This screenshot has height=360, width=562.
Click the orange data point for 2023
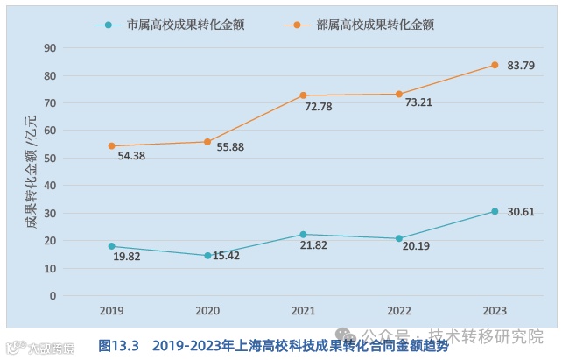click(x=495, y=65)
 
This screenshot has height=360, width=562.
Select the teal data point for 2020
click(x=207, y=256)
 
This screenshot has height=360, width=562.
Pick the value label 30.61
click(x=522, y=212)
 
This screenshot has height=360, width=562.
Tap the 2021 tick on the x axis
click(x=303, y=311)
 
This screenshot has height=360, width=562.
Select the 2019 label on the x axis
click(x=111, y=311)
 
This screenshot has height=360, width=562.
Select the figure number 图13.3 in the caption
click(x=120, y=345)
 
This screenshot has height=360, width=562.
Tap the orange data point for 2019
click(x=112, y=146)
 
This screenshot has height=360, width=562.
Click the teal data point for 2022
click(x=399, y=238)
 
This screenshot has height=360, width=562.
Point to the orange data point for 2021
click(x=304, y=95)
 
